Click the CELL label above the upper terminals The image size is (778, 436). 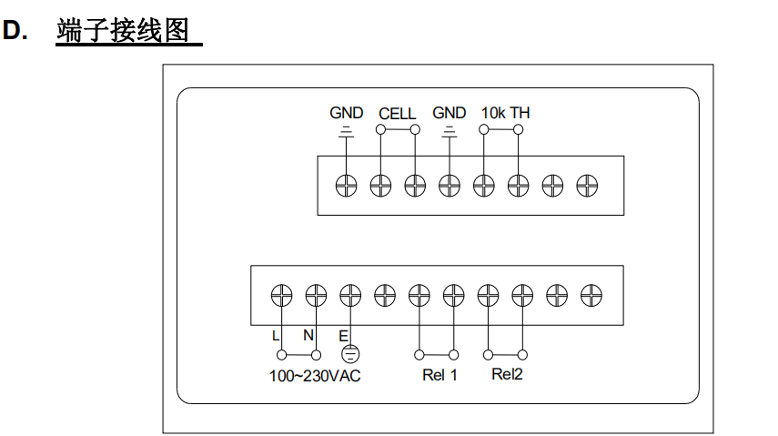point(397,114)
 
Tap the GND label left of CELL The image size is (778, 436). point(346,113)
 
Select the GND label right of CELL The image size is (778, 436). point(449,113)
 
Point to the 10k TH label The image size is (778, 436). point(505,113)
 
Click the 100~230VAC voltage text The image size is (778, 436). point(315,376)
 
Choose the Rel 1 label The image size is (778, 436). point(440,376)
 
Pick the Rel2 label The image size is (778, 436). point(507,375)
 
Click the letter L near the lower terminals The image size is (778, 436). point(276,335)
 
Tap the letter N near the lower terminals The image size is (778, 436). point(308,335)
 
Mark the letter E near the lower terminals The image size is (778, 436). point(343,335)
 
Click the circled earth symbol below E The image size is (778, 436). point(349,356)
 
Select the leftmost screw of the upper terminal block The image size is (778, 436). point(346,186)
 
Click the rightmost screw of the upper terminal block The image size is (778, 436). point(588,186)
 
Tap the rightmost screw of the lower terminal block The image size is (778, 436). point(591,295)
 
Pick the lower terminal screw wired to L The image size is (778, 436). point(281,295)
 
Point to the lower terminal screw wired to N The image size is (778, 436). point(316,295)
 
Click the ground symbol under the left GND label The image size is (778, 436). point(346,133)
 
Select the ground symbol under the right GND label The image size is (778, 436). point(449,133)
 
